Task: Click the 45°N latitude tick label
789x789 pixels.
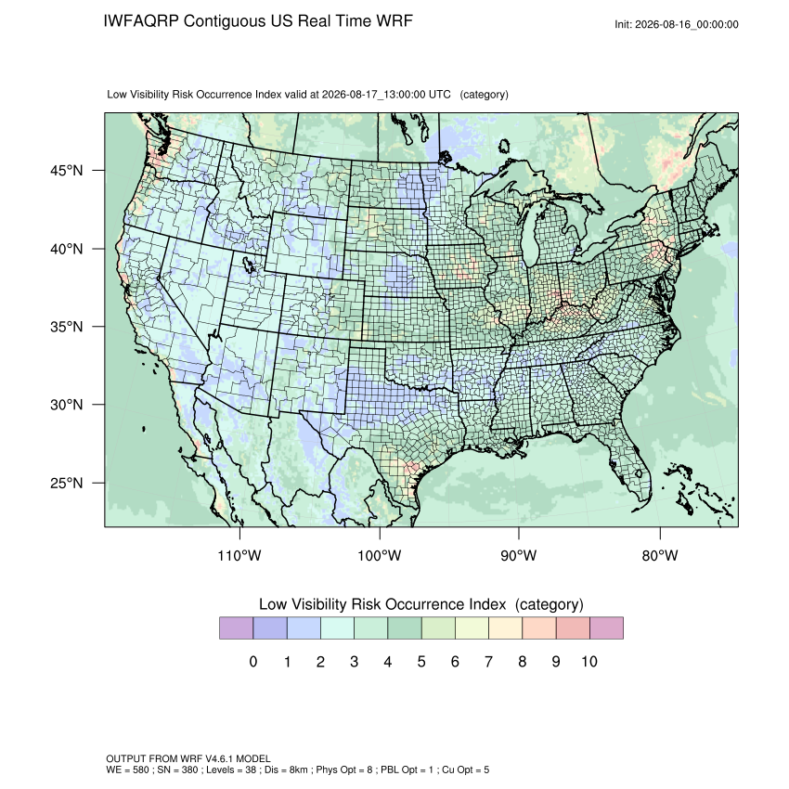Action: click(66, 171)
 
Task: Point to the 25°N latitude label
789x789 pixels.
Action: click(66, 483)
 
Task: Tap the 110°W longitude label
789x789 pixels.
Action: click(239, 555)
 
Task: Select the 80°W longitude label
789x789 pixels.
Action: click(660, 555)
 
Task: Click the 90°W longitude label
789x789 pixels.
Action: click(518, 555)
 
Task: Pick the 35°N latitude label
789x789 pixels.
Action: click(66, 327)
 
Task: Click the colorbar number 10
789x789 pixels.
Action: click(589, 661)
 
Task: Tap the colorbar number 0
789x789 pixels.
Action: click(253, 661)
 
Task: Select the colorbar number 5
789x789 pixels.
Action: click(421, 661)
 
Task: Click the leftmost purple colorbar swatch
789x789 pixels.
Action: click(236, 628)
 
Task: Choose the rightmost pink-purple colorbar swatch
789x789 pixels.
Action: click(606, 628)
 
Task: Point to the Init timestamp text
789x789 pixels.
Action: click(677, 24)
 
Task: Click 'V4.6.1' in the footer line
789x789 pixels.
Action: click(219, 758)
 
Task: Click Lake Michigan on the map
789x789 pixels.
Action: click(530, 237)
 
